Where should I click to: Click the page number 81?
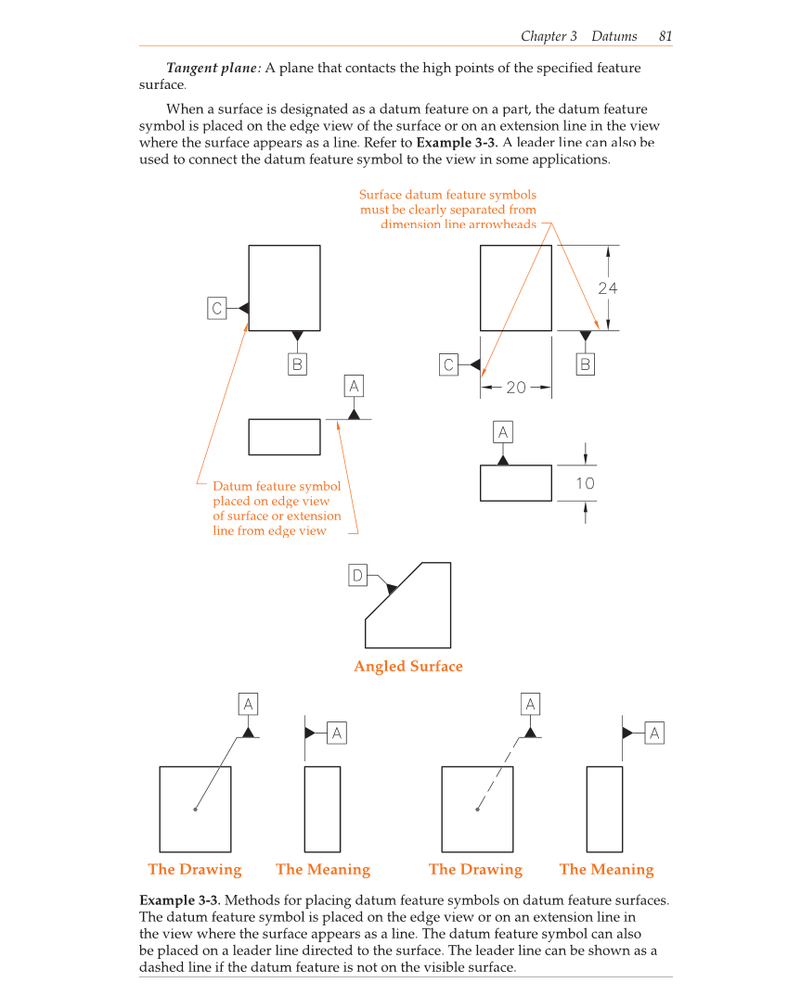tap(665, 36)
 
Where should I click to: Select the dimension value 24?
tap(607, 288)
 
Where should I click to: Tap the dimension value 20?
tap(516, 388)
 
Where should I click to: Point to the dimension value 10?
tap(585, 483)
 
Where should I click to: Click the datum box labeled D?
tap(357, 576)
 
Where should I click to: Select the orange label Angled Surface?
tap(407, 666)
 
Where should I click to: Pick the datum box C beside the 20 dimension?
tap(448, 364)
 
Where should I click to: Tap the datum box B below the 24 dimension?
tap(585, 364)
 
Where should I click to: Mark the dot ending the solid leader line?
tap(195, 810)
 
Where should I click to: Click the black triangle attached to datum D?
tap(392, 589)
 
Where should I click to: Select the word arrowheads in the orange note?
tap(505, 225)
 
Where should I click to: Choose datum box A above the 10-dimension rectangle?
tap(503, 432)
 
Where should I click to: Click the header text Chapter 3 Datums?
tap(578, 36)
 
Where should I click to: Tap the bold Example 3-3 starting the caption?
tap(179, 900)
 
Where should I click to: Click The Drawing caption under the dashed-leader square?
tap(475, 870)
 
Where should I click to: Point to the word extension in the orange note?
tap(314, 516)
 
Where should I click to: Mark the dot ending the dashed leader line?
tap(477, 810)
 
